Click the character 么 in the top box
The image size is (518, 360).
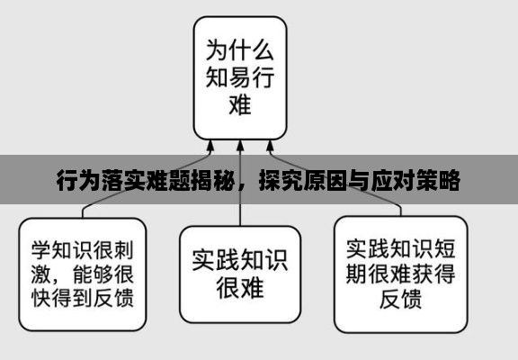(x=263, y=50)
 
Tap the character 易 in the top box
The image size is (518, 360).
(x=240, y=77)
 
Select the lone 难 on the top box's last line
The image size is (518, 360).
(x=240, y=104)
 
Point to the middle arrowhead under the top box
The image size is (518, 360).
(x=240, y=146)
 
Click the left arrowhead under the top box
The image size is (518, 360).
(x=210, y=146)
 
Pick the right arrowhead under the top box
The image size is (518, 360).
(x=270, y=146)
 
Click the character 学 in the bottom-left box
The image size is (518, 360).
(x=41, y=250)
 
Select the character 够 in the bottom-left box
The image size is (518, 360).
(x=103, y=274)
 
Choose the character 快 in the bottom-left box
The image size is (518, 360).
(x=41, y=298)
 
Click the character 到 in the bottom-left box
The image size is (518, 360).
(x=83, y=298)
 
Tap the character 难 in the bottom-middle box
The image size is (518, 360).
(x=253, y=287)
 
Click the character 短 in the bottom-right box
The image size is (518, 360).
(x=444, y=248)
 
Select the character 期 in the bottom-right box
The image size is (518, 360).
(x=357, y=274)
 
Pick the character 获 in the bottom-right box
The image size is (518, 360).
(x=423, y=274)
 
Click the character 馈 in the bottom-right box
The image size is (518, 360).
(x=412, y=299)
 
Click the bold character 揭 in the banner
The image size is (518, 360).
(x=201, y=180)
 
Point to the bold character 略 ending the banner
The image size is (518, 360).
(x=449, y=180)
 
